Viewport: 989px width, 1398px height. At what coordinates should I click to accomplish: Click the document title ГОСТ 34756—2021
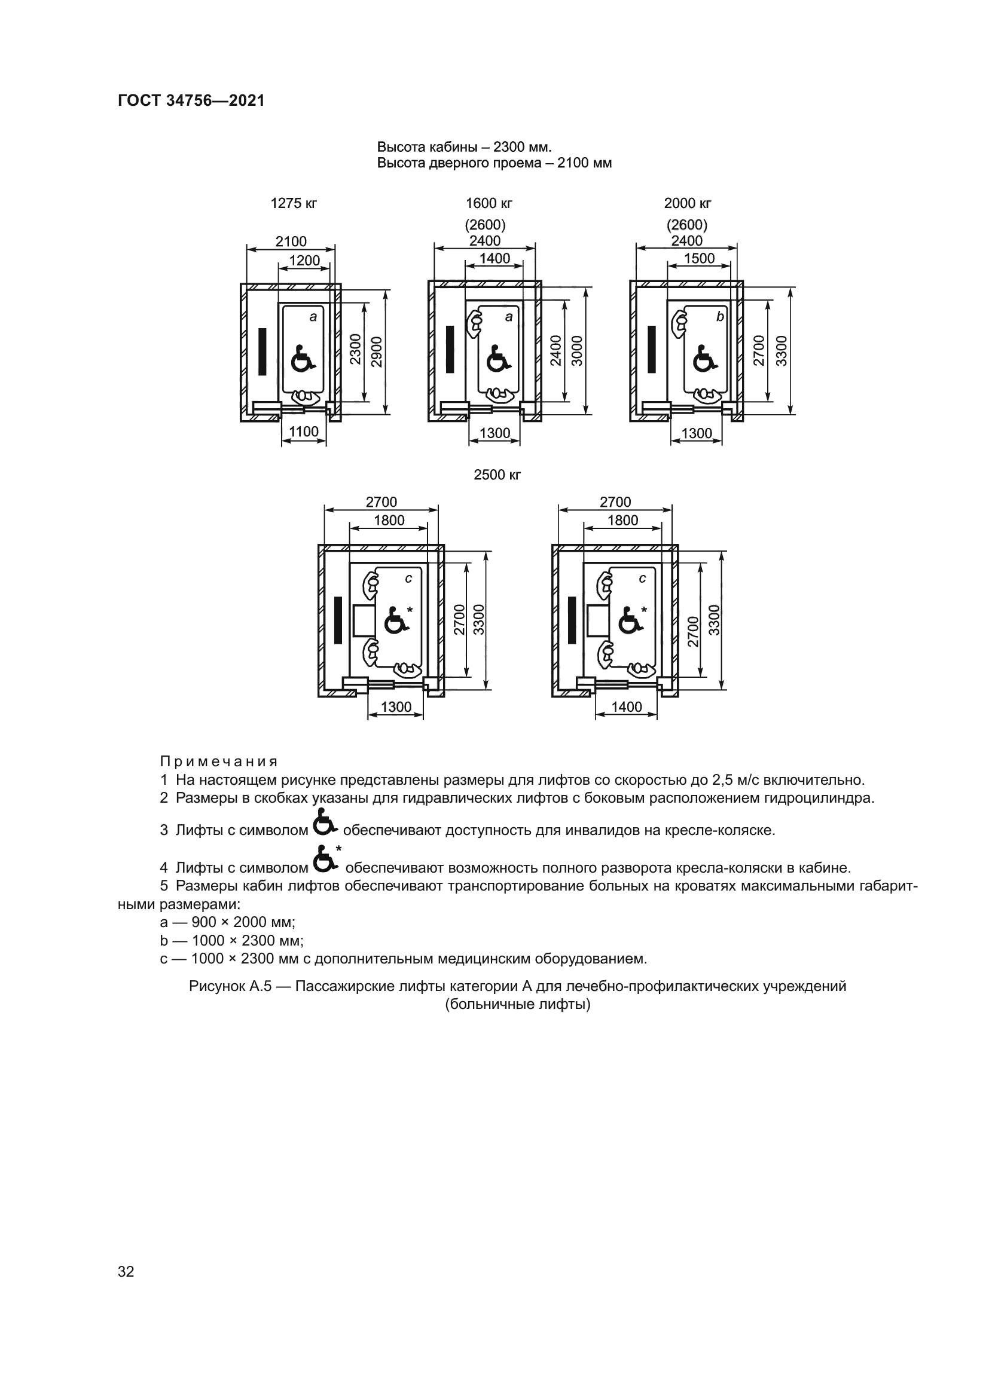[191, 100]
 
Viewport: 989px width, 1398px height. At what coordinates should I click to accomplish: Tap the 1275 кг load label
[294, 203]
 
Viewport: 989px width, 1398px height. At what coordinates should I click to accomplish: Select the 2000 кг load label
[688, 203]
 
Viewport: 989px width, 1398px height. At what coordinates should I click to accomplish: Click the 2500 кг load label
[497, 475]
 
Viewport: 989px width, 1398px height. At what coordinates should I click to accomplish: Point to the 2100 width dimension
[291, 241]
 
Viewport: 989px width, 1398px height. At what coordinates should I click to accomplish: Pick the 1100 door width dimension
[304, 432]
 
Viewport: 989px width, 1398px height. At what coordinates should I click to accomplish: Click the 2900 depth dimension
[377, 351]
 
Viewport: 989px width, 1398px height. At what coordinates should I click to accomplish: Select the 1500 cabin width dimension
[698, 258]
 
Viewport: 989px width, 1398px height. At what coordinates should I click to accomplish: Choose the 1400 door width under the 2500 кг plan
[627, 706]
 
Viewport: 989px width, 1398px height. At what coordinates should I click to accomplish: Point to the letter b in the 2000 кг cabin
[721, 317]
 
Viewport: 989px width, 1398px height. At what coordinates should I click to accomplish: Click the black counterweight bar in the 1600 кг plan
[450, 349]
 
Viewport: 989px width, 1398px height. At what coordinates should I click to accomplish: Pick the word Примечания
[219, 761]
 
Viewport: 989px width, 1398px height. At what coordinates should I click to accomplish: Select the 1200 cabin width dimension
[304, 261]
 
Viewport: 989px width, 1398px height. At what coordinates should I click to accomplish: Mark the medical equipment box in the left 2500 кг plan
[363, 620]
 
